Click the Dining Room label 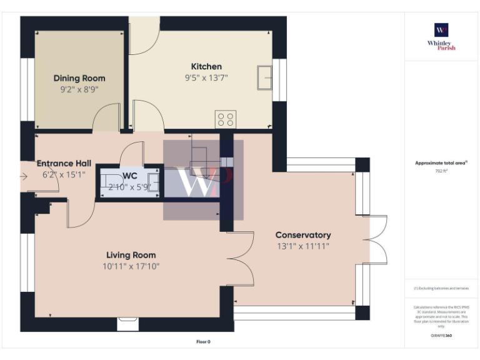(x=79, y=78)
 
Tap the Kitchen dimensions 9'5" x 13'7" (x=206, y=78)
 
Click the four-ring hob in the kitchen (x=225, y=119)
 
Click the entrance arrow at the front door (x=24, y=176)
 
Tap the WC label (x=130, y=175)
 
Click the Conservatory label (x=303, y=235)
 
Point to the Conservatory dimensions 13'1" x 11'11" (x=303, y=246)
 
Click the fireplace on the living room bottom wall (x=127, y=323)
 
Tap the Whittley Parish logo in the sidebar (x=441, y=37)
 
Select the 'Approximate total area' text (x=441, y=163)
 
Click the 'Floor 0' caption (x=203, y=342)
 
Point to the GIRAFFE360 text (x=441, y=336)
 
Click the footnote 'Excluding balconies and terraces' (x=441, y=288)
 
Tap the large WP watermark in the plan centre (x=204, y=180)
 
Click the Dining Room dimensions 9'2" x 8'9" (x=79, y=89)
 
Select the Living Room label (x=131, y=255)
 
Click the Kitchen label (x=206, y=67)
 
